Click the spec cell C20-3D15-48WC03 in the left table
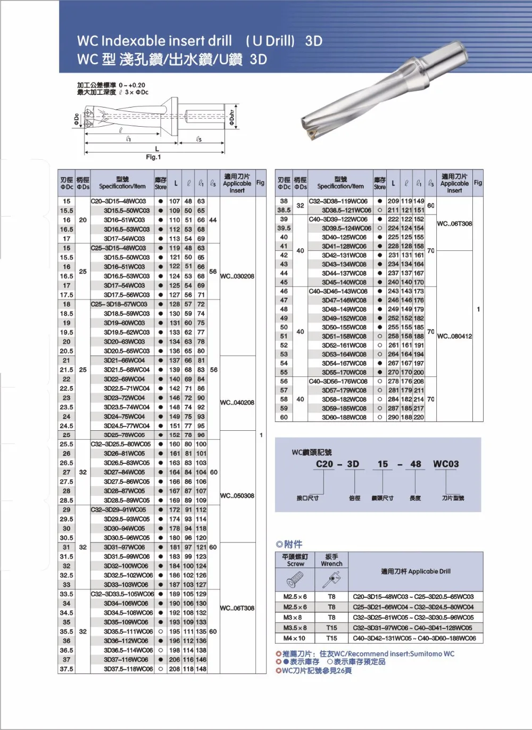119,201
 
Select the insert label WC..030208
237,276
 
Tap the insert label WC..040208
237,403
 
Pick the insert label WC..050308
237,496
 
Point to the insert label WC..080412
454,336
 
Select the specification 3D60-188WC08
344,417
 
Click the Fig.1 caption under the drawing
153,157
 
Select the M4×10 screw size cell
295,638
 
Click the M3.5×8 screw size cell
295,628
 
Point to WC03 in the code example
446,464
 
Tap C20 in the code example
325,464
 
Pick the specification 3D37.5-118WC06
126,669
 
